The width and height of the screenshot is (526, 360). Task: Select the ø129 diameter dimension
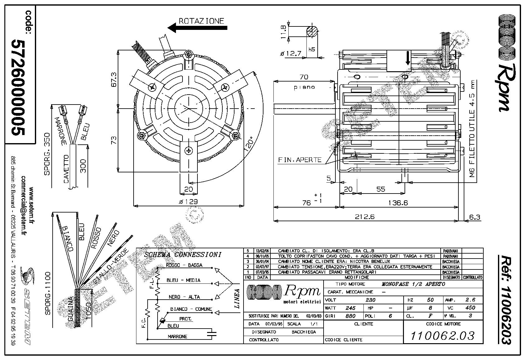coord(188,202)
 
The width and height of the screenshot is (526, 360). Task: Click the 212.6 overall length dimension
coord(365,216)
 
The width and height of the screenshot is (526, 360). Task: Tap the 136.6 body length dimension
coord(398,203)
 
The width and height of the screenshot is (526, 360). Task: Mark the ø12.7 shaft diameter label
coord(291,54)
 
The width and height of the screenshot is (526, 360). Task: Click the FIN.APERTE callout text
coord(300,160)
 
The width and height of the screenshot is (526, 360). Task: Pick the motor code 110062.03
coord(443,335)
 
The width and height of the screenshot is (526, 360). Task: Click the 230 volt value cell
coord(370,300)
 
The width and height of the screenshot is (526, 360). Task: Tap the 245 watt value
coord(350,308)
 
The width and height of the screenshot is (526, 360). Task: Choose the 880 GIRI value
coord(350,316)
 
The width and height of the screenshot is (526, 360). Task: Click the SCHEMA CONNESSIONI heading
coord(183,255)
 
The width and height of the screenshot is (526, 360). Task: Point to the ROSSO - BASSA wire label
coord(184,265)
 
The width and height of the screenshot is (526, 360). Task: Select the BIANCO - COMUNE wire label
coord(191,309)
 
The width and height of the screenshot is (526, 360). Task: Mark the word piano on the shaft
coord(304,87)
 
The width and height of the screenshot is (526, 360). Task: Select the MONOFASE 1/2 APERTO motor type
coord(413,284)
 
